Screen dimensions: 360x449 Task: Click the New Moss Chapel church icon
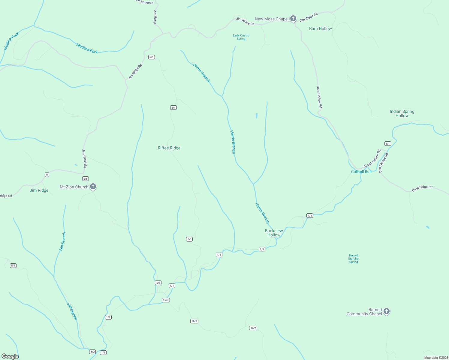(293, 19)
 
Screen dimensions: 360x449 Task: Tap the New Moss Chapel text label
(271, 19)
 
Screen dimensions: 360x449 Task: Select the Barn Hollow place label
(321, 29)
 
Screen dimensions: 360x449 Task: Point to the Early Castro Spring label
(241, 37)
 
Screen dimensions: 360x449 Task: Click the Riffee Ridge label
(169, 148)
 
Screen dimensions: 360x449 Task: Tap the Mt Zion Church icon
(93, 187)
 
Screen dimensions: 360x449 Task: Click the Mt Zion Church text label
(74, 187)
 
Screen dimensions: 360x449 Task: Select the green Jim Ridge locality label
(39, 190)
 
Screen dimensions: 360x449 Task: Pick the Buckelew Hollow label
(274, 233)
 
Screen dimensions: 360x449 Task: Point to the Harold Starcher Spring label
(354, 259)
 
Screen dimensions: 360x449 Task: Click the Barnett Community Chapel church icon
(387, 311)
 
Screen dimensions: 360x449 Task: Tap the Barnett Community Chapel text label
(364, 312)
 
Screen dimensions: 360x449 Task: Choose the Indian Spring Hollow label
(402, 113)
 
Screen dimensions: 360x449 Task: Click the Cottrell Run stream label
(361, 172)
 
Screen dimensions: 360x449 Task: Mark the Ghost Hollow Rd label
(372, 159)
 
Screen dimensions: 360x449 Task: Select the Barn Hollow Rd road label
(319, 97)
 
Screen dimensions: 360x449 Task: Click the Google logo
(10, 356)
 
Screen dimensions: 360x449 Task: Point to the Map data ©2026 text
(436, 358)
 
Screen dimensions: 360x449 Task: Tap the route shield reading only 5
(47, 175)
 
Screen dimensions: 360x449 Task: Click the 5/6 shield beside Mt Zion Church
(86, 179)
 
